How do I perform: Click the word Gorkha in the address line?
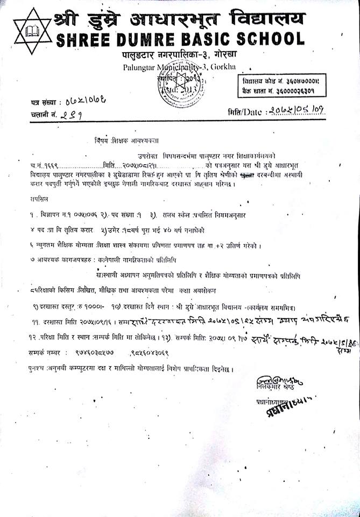coord(237,67)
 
